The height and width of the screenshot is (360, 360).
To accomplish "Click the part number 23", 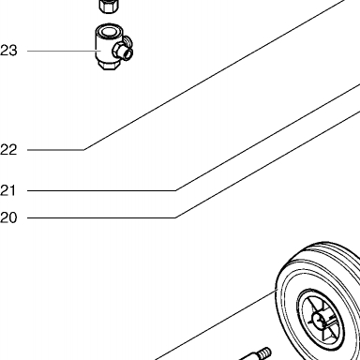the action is [x=8, y=51].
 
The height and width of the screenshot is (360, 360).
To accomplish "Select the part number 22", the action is [x=8, y=150].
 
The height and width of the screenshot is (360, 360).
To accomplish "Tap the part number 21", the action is [x=8, y=190].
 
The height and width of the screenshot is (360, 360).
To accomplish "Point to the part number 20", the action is [x=8, y=217].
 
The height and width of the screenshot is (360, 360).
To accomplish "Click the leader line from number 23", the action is [x=64, y=51].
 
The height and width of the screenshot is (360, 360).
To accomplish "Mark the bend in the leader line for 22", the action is [x=83, y=150].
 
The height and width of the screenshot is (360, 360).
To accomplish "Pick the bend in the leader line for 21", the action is [x=175, y=190].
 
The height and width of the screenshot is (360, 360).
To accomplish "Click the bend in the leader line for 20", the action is [x=175, y=217].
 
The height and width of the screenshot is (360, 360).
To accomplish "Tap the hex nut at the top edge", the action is [x=109, y=7].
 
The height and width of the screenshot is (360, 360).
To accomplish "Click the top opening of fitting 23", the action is [x=108, y=31].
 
